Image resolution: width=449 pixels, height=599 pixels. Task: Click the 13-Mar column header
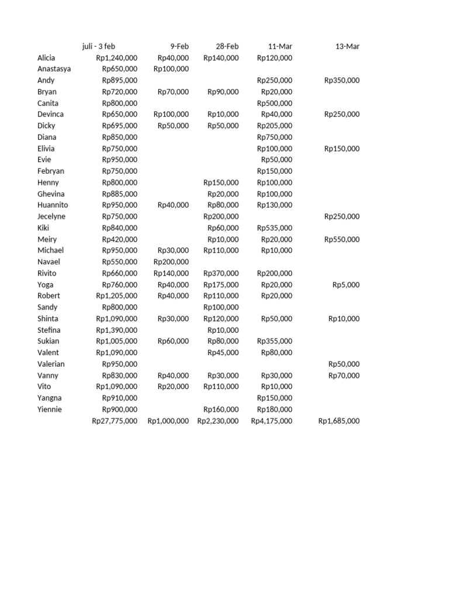(347, 46)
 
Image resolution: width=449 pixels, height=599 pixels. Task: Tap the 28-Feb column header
(227, 46)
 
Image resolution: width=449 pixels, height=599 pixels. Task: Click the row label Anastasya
(54, 69)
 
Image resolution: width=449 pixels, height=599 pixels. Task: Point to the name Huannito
(53, 205)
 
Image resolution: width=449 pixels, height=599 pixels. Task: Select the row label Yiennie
(50, 409)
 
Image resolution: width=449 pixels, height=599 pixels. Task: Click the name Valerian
(51, 364)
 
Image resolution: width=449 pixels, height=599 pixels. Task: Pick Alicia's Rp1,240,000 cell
(117, 58)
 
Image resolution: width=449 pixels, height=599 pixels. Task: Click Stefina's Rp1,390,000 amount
(117, 330)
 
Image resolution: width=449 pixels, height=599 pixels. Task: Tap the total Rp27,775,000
(115, 421)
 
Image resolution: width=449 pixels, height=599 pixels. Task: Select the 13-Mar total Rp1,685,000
(339, 421)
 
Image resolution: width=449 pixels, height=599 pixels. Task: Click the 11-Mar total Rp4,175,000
(272, 421)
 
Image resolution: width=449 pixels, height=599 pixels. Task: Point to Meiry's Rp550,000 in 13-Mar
(342, 239)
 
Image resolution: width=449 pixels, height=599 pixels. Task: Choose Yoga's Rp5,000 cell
(346, 285)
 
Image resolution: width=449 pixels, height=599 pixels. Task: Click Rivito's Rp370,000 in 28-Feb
(221, 273)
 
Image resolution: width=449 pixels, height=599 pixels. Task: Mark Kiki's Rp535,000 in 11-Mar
(275, 228)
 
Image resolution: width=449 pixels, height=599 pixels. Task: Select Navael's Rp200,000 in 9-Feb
(171, 262)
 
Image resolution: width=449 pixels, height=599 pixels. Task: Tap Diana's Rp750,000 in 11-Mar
(275, 137)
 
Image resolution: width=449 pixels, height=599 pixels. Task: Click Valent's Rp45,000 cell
(223, 353)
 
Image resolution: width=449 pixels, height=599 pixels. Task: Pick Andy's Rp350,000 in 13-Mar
(342, 81)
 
